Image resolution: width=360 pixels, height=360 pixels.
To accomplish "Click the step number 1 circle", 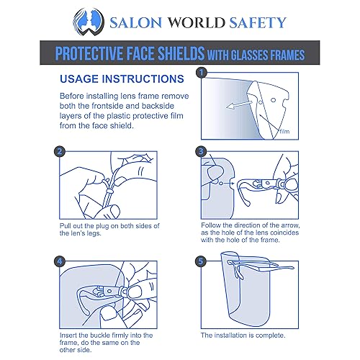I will [x=202, y=73].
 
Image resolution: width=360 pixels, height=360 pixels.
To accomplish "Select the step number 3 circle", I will [x=202, y=152].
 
